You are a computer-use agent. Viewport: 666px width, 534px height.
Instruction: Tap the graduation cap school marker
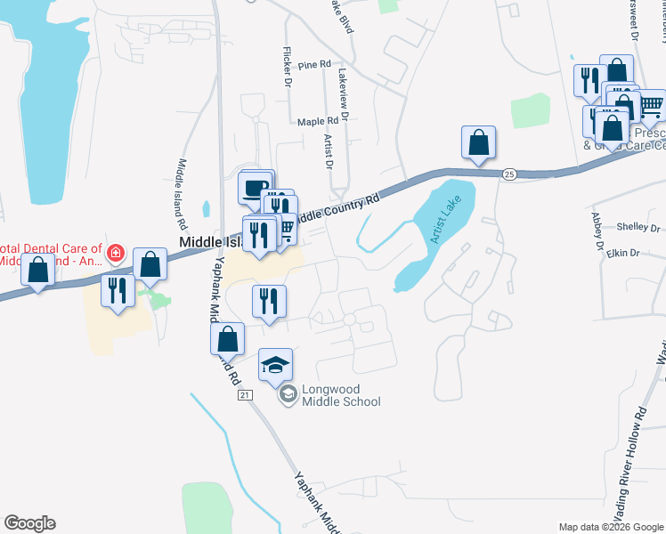click(275, 364)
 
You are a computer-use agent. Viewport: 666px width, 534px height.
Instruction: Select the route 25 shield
click(508, 174)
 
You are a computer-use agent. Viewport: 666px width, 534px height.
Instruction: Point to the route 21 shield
click(247, 394)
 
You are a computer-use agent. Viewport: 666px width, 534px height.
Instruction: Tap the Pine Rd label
click(314, 65)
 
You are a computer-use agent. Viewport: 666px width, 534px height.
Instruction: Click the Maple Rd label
click(318, 121)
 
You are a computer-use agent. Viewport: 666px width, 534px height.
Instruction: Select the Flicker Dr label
click(288, 67)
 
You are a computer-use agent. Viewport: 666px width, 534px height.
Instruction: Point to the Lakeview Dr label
click(343, 93)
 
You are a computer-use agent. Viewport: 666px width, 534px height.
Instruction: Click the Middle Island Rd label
click(183, 191)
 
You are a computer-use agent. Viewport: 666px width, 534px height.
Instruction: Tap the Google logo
click(29, 523)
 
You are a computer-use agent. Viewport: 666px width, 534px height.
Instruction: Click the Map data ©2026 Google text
click(610, 527)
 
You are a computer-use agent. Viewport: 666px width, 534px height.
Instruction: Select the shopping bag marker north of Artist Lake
click(478, 142)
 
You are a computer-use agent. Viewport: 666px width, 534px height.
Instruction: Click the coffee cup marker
click(256, 188)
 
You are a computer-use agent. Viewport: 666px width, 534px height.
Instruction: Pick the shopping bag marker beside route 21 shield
click(227, 339)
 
